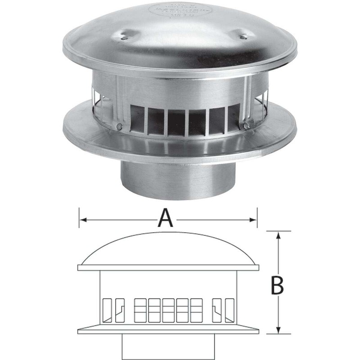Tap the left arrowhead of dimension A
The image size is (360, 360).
pyautogui.click(x=81, y=220)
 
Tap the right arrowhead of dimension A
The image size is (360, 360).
pyautogui.click(x=254, y=220)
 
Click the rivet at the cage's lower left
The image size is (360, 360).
pyautogui.click(x=119, y=127)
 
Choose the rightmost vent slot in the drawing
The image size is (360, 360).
pyautogui.click(x=229, y=310)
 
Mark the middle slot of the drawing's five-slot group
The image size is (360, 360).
pyautogui.click(x=169, y=310)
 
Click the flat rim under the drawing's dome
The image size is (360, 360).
pyautogui.click(x=169, y=268)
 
